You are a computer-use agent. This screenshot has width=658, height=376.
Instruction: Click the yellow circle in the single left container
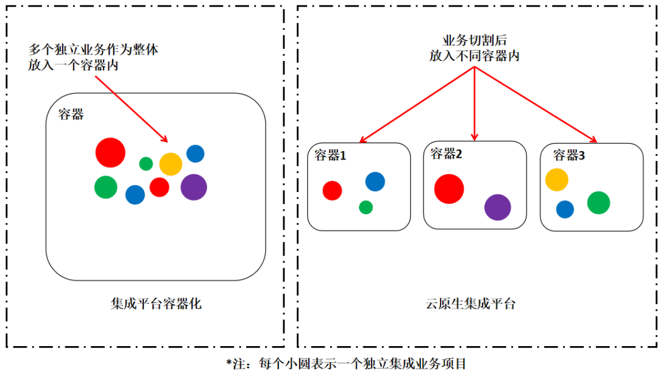[171, 164]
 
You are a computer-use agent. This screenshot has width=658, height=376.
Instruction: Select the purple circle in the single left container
[194, 187]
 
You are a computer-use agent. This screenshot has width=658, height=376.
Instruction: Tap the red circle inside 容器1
[332, 190]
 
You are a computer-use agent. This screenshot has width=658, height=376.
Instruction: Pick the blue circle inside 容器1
[375, 181]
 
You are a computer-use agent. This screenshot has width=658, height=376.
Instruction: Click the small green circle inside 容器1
[366, 207]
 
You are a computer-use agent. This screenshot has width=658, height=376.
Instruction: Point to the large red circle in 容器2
[449, 188]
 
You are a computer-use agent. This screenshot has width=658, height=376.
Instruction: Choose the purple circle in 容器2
[497, 207]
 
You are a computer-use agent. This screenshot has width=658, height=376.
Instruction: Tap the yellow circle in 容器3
[556, 180]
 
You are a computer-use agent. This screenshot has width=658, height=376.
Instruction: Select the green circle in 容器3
[598, 202]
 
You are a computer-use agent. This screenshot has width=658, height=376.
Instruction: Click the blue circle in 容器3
[565, 209]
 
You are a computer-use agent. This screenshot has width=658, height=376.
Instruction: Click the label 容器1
[330, 155]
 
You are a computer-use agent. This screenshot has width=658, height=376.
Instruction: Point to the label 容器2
[446, 154]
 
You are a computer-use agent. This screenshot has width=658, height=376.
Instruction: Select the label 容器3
[568, 155]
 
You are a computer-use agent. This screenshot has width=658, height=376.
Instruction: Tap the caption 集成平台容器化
[156, 303]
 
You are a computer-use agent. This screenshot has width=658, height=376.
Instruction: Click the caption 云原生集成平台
[470, 303]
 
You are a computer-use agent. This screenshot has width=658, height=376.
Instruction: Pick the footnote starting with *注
[346, 364]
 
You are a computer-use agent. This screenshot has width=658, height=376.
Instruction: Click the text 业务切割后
[475, 41]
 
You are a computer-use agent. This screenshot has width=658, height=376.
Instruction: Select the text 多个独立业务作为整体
[93, 50]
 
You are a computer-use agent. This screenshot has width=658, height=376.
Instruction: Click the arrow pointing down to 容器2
[475, 104]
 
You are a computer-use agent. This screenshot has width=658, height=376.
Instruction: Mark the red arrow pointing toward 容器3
[536, 105]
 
